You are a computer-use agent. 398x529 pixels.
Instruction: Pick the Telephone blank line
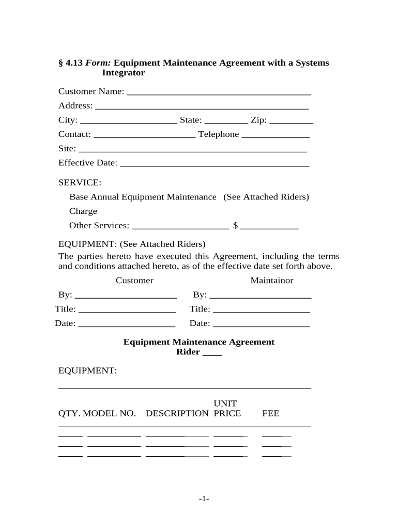[275, 137]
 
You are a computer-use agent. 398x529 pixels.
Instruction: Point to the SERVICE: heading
[80, 183]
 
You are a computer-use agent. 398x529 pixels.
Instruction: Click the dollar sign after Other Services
[235, 226]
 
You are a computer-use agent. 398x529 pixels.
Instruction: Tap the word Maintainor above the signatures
[272, 281]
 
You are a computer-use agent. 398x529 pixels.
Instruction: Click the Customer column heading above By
[134, 281]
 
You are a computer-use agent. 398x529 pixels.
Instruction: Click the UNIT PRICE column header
[226, 409]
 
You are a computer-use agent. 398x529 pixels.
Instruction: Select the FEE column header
[271, 414]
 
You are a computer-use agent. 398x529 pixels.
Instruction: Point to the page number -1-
[203, 499]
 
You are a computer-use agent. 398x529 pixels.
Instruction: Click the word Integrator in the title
[124, 73]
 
